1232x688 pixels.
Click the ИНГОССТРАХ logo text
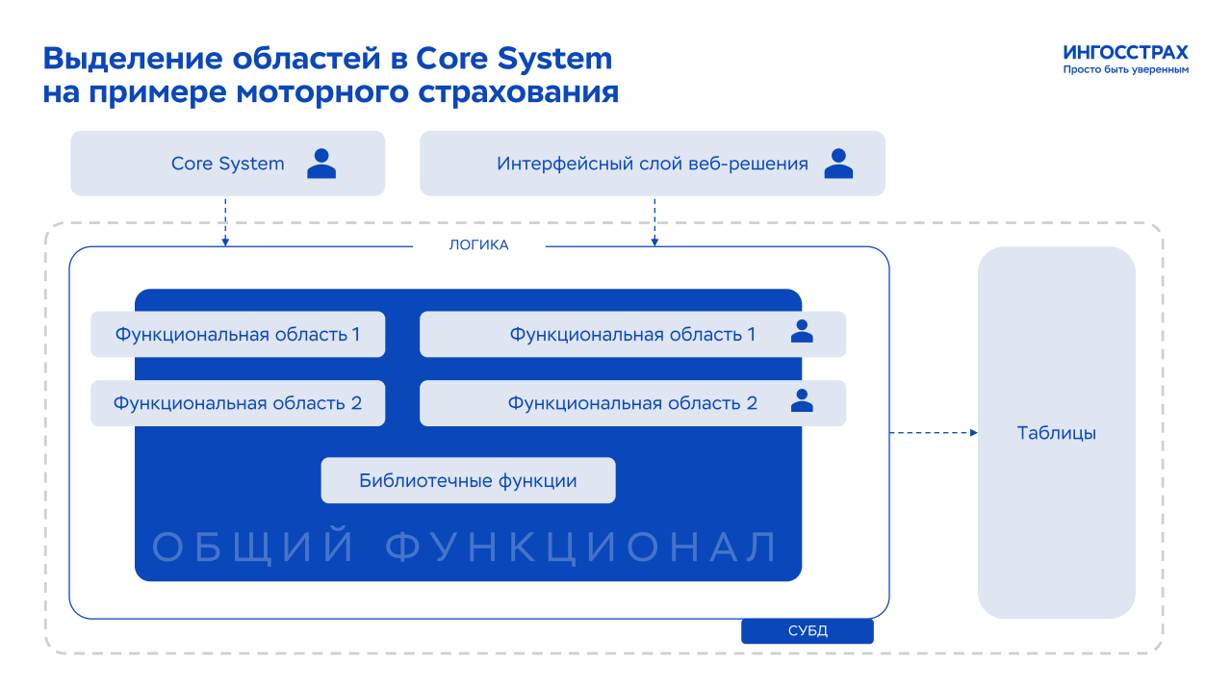pyautogui.click(x=1125, y=53)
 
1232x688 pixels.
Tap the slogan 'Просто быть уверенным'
pyautogui.click(x=1125, y=70)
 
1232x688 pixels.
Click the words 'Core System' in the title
pyautogui.click(x=514, y=59)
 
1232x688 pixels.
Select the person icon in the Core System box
pyautogui.click(x=321, y=164)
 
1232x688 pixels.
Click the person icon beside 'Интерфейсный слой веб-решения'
pyautogui.click(x=838, y=164)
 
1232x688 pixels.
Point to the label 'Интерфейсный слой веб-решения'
pyautogui.click(x=653, y=164)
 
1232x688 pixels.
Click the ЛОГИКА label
pyautogui.click(x=478, y=245)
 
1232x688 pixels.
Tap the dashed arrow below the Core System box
pyautogui.click(x=225, y=222)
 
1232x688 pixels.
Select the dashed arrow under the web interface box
pyautogui.click(x=654, y=222)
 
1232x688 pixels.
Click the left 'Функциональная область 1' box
pyautogui.click(x=238, y=334)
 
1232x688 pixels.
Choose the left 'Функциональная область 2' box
pyautogui.click(x=238, y=403)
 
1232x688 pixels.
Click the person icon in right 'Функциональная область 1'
pyautogui.click(x=802, y=332)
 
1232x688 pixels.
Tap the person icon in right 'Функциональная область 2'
pyautogui.click(x=802, y=400)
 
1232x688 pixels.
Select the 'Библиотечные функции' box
pyautogui.click(x=468, y=481)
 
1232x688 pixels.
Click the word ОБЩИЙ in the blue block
pyautogui.click(x=253, y=547)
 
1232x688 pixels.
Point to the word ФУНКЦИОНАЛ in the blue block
pyautogui.click(x=580, y=547)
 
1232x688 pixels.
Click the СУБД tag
pyautogui.click(x=808, y=631)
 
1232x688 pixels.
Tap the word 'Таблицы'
pyautogui.click(x=1056, y=433)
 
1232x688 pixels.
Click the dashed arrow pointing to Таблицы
pyautogui.click(x=934, y=433)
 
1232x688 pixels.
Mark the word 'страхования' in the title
pyautogui.click(x=518, y=92)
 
